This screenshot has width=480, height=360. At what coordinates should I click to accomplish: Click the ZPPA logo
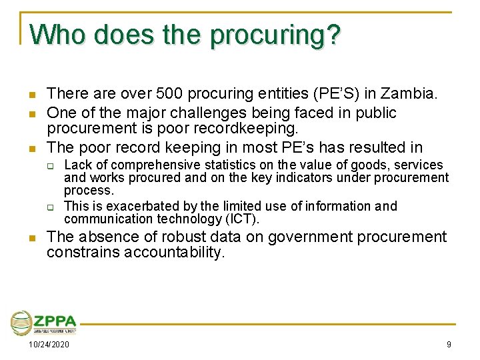[44, 323]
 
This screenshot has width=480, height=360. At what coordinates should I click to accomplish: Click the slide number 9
[449, 345]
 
